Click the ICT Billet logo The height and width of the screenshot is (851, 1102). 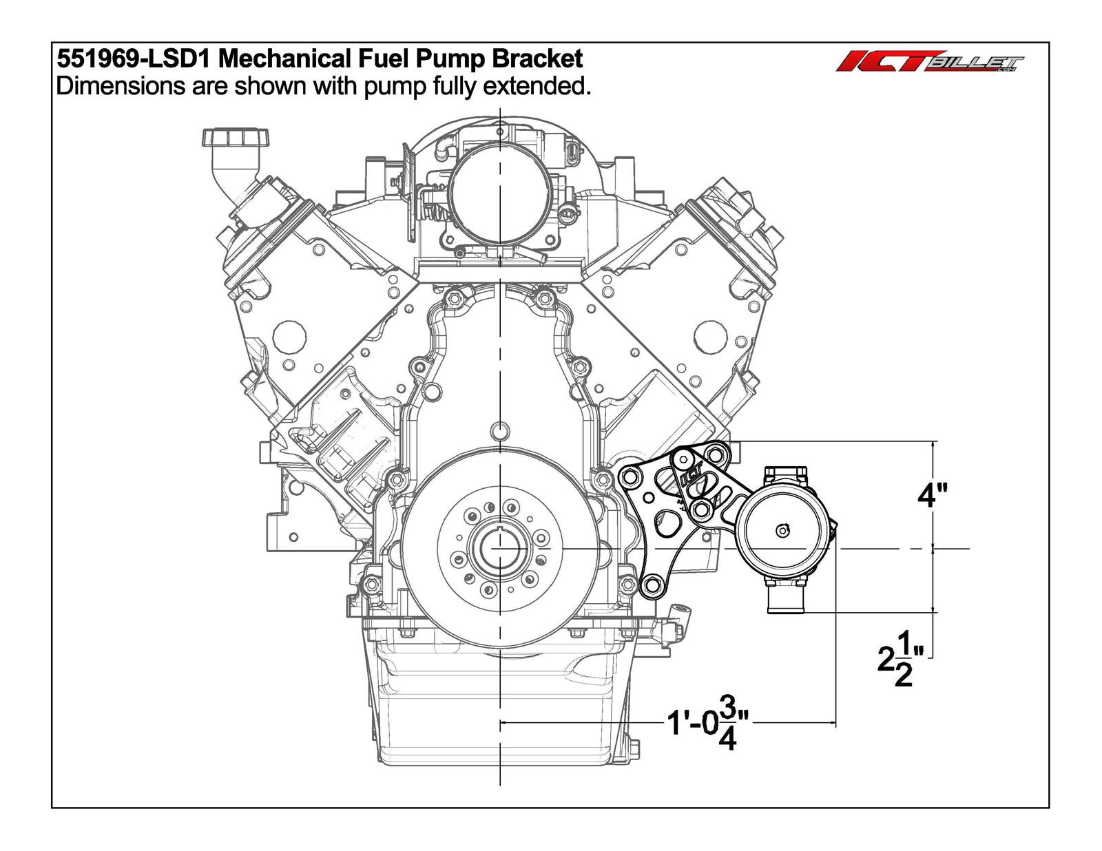click(930, 63)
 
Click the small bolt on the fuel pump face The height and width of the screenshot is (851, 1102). click(782, 530)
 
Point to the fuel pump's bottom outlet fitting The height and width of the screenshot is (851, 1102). click(786, 598)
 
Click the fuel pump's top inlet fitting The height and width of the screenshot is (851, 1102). click(785, 474)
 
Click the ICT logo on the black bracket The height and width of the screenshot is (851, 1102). click(692, 476)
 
